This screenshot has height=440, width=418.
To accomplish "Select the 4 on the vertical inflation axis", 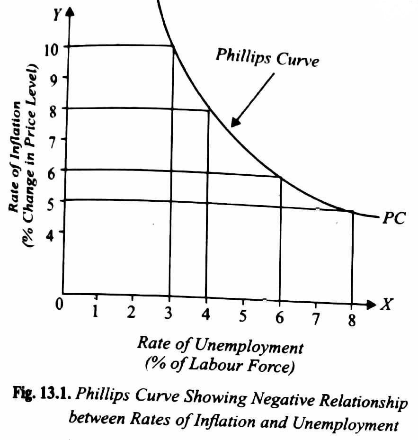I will (x=51, y=233).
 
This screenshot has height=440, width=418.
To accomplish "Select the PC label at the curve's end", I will (x=393, y=219).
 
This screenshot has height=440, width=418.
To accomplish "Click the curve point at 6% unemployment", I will (x=281, y=178).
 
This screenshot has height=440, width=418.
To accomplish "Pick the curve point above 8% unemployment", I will (x=352, y=212).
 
